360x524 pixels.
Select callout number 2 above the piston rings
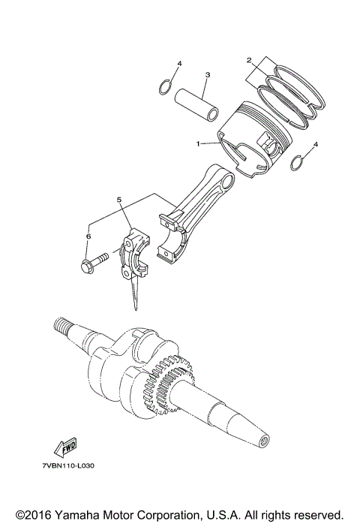pyautogui.click(x=248, y=59)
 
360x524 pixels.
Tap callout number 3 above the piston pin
pyautogui.click(x=207, y=75)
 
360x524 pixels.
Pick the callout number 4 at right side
pyautogui.click(x=316, y=143)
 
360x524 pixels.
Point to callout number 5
pyautogui.click(x=118, y=200)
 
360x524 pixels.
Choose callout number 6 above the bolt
pyautogui.click(x=88, y=236)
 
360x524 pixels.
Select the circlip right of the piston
pyautogui.click(x=298, y=162)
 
